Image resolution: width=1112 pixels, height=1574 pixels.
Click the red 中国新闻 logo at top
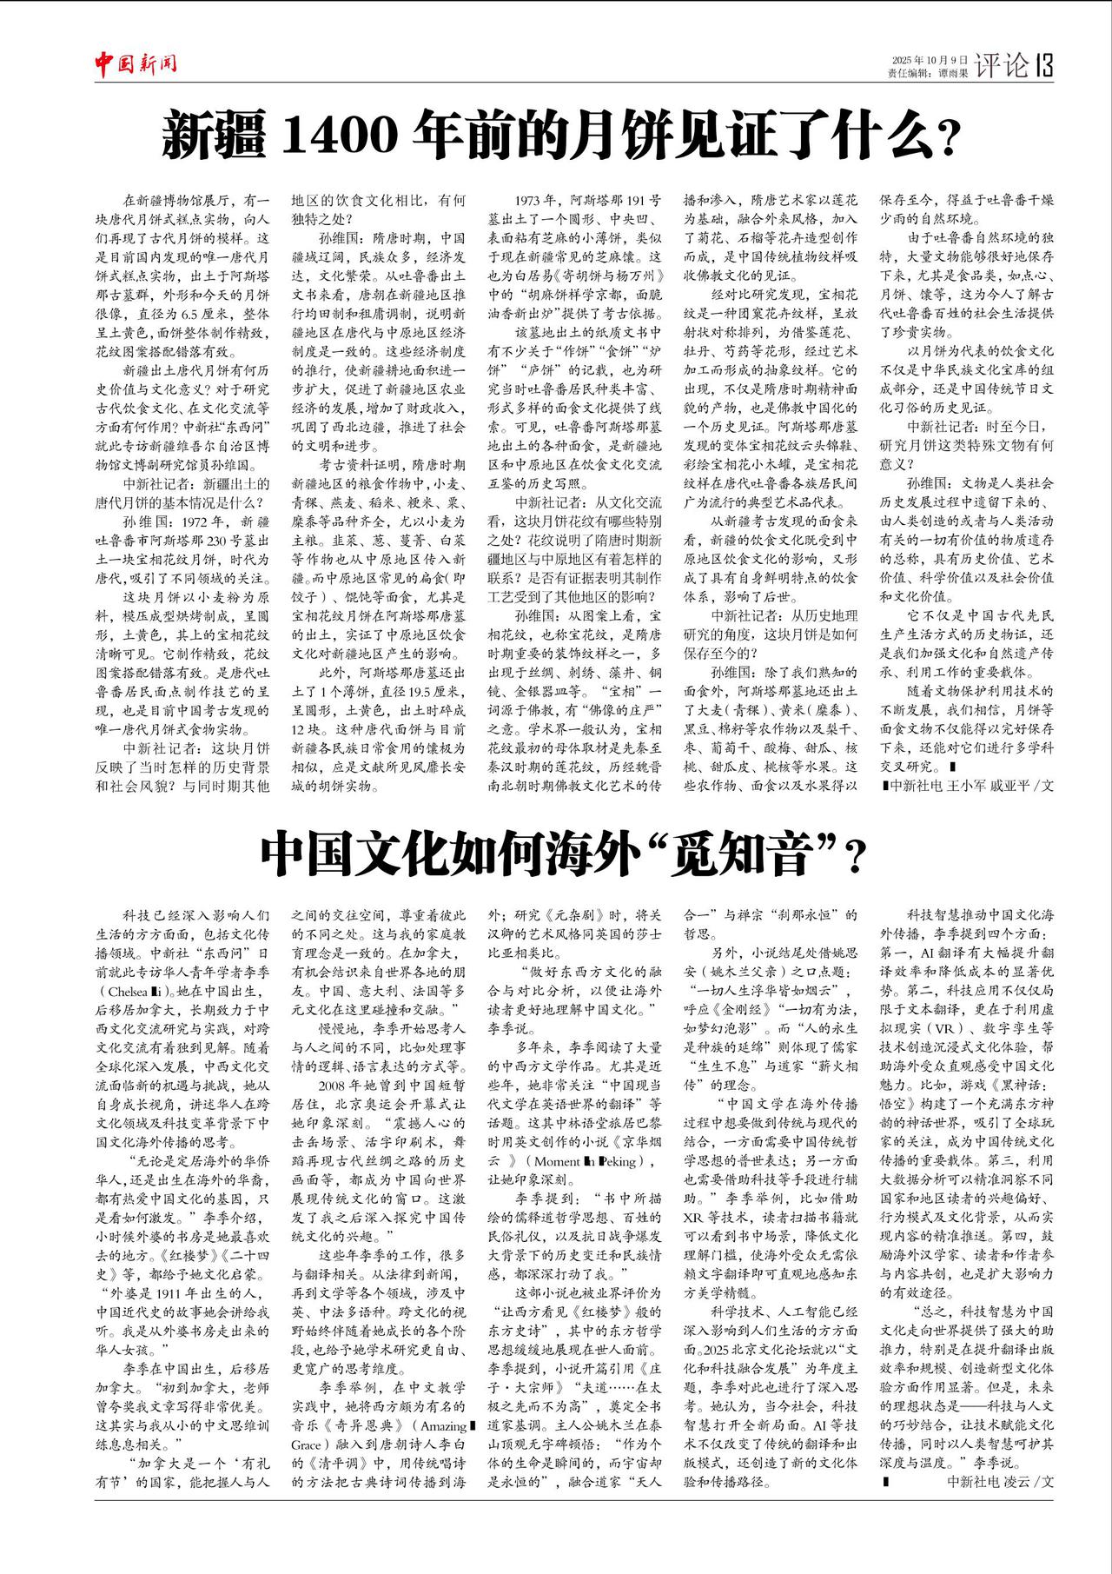click(x=136, y=63)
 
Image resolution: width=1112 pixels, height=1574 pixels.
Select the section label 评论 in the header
click(x=1002, y=65)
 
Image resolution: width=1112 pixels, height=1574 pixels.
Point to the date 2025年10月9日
click(x=930, y=59)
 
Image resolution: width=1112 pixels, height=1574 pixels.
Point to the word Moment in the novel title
click(x=557, y=1161)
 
